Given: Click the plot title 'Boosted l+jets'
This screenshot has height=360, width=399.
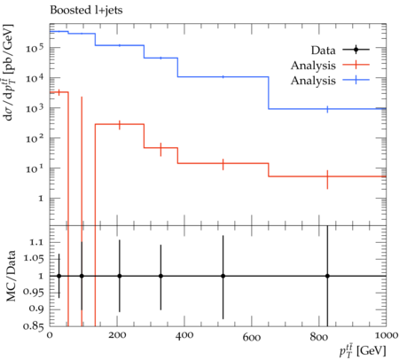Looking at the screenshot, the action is (x=86, y=11).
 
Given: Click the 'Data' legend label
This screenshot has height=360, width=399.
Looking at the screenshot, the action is (x=323, y=51).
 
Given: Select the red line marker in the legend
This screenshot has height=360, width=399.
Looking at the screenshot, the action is (x=356, y=65).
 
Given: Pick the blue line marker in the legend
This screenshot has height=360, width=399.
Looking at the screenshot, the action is (x=356, y=80).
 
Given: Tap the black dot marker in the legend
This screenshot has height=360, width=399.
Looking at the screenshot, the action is (x=356, y=50).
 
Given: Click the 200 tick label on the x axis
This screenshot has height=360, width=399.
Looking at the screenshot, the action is (x=117, y=335).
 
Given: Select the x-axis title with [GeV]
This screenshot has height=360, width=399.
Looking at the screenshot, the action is (x=363, y=350).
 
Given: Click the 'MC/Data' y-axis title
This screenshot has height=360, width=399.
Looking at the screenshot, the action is (x=11, y=276).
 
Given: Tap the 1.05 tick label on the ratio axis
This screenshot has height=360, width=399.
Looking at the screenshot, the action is (x=33, y=259).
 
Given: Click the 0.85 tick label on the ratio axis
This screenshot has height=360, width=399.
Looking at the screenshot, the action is (x=33, y=326).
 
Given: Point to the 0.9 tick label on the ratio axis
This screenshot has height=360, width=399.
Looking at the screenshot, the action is (x=36, y=309).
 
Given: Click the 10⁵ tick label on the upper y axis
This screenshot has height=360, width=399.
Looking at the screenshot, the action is (x=35, y=47).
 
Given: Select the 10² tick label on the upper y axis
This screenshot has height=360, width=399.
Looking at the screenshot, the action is (x=35, y=137).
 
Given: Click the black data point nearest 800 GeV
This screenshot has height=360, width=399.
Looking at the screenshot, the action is (x=327, y=276).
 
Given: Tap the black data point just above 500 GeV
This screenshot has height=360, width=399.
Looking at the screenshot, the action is (x=223, y=276).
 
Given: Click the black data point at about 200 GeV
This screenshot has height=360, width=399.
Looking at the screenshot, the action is (x=120, y=276).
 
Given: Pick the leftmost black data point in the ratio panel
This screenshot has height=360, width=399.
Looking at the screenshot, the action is (x=59, y=276).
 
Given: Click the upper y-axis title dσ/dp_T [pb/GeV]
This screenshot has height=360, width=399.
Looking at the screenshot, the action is (x=9, y=72).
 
